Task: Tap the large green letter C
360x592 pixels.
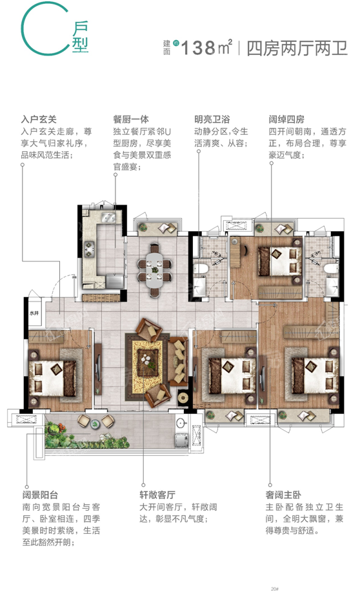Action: coord(39,30)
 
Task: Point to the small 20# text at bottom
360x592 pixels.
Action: coord(275,587)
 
